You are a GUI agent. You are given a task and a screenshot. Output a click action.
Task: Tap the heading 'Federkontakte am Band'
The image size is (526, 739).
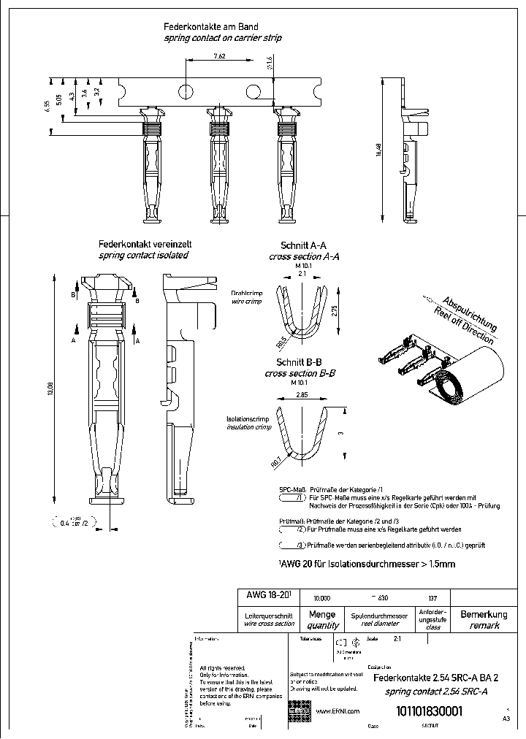(x=221, y=26)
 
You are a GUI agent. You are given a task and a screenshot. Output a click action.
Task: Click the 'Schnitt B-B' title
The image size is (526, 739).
(x=300, y=362)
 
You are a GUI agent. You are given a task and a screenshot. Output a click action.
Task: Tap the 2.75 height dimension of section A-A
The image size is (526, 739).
(x=334, y=310)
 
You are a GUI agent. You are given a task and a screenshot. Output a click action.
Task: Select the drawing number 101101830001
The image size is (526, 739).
(x=429, y=712)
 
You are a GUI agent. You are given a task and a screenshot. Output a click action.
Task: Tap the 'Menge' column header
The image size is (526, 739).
(x=322, y=614)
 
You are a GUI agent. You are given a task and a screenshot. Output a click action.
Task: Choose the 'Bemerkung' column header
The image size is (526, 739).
(x=484, y=614)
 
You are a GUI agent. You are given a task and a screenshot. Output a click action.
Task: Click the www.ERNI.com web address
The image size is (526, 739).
(x=337, y=711)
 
